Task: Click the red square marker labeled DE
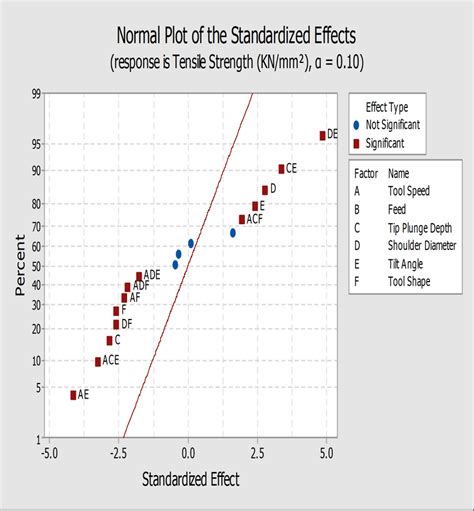pos(322,135)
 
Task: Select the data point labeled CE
pos(281,169)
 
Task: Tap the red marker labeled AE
pos(73,395)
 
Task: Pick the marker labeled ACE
pos(98,361)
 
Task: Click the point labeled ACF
pos(241,219)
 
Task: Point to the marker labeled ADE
pos(139,276)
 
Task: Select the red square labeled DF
pos(116,324)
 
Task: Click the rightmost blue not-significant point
pos(233,233)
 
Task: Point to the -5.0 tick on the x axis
pos(50,453)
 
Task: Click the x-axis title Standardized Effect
pos(191,478)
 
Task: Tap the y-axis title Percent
pos(19,266)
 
